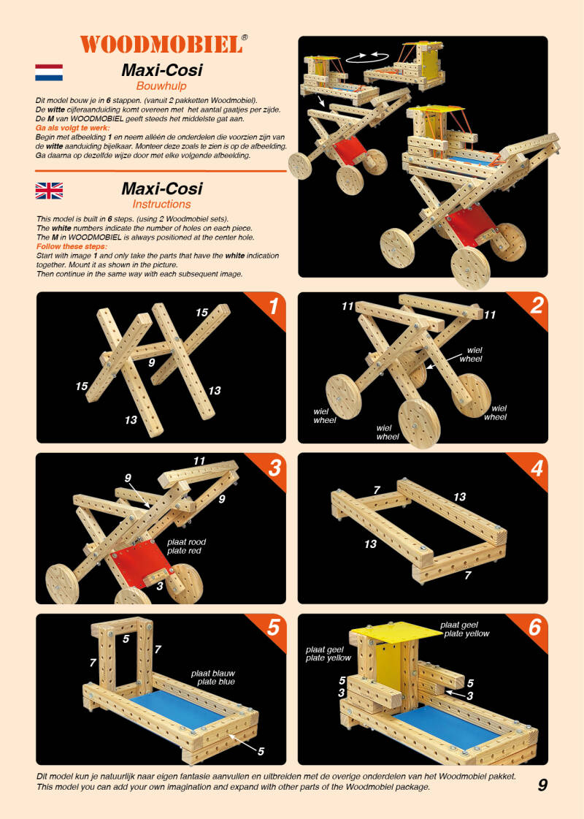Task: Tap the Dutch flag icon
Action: [49, 72]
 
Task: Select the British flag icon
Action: [49, 191]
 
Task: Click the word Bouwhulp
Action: [161, 85]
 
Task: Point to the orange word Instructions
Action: [161, 205]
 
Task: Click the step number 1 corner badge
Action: [268, 308]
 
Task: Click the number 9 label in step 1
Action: [151, 362]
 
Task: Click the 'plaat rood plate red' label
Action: [186, 546]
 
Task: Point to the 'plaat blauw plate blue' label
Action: [213, 677]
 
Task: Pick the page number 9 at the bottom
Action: [542, 785]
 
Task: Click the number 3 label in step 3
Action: [160, 586]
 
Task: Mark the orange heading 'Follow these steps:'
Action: [72, 246]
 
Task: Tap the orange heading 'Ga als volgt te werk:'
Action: [72, 128]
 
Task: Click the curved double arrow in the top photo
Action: [367, 57]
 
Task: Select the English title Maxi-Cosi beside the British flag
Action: [162, 188]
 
